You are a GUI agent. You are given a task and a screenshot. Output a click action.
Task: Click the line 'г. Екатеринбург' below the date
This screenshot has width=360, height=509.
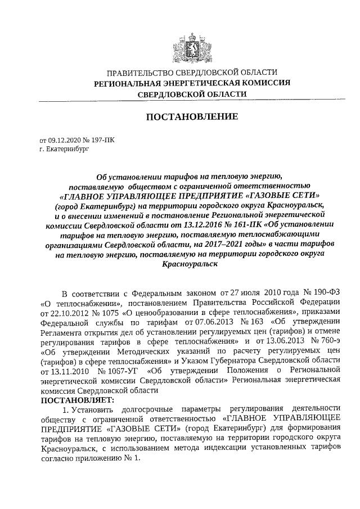coord(64,149)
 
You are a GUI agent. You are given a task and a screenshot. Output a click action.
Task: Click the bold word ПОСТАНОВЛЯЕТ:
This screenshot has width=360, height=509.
coord(77,401)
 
